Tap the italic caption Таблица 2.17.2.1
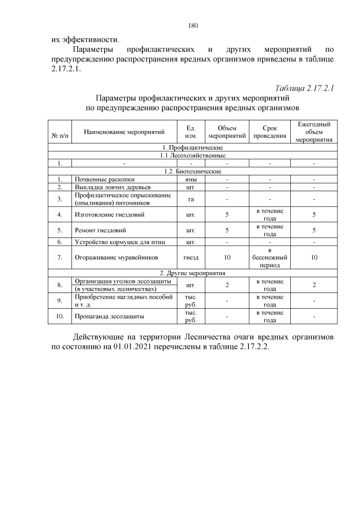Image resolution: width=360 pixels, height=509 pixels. pyautogui.click(x=304, y=89)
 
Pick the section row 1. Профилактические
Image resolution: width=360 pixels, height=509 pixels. pyautogui.click(x=193, y=147)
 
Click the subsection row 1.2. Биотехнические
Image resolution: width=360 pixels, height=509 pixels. pyautogui.click(x=193, y=171)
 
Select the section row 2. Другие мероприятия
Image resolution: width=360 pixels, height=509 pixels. pyautogui.click(x=193, y=272)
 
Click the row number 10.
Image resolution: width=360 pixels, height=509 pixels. pyautogui.click(x=59, y=317)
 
